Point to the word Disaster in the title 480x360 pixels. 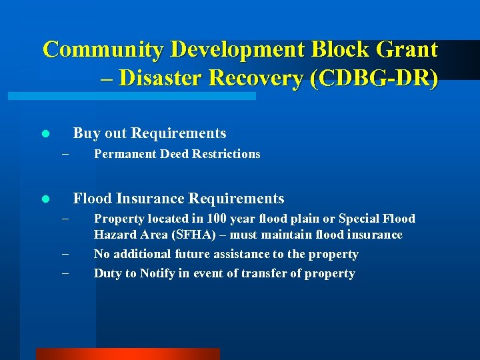[x=169, y=78]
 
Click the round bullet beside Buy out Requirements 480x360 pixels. [x=45, y=134]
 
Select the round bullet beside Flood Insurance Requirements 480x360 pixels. [x=45, y=199]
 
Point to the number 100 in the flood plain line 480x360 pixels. [x=217, y=219]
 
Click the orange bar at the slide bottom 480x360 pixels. [x=127, y=354]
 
